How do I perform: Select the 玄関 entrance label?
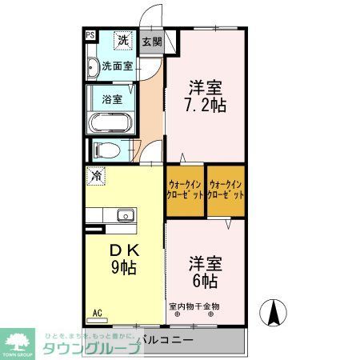pos(151,42)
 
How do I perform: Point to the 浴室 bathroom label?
pos(112,100)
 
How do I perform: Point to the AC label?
pos(98,312)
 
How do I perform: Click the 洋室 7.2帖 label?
pos(206,96)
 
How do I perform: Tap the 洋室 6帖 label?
pos(205,272)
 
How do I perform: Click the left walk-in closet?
pos(185,190)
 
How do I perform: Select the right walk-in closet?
pos(226,190)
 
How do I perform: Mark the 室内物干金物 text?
pos(194,306)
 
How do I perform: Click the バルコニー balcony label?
pos(164,340)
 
